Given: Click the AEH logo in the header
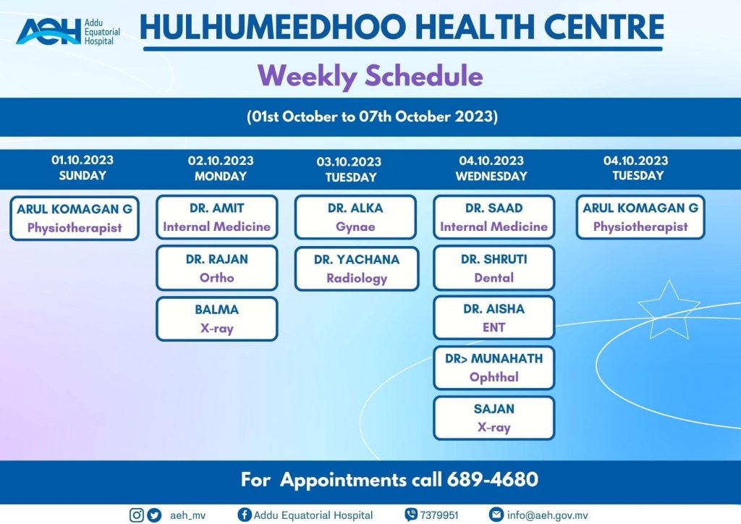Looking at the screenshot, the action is [x=68, y=31].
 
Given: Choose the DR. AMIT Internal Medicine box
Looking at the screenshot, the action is [x=217, y=217].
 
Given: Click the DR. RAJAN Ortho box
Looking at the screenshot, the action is [x=217, y=268].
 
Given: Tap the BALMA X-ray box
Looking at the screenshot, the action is [x=217, y=318].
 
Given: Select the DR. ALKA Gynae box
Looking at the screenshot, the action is [x=355, y=217].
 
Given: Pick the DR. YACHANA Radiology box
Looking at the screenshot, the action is [x=357, y=269].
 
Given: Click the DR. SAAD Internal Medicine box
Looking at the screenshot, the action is [x=494, y=217].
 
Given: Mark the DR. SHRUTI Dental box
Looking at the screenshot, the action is [x=494, y=268].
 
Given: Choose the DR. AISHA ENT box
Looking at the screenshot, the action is [x=494, y=318].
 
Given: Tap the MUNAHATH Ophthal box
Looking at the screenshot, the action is [x=494, y=368].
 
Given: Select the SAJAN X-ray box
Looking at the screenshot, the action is [x=494, y=418].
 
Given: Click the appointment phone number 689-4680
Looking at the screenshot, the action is [x=492, y=479].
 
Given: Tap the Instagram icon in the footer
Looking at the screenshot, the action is [x=137, y=515].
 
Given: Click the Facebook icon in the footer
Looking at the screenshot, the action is [x=245, y=515].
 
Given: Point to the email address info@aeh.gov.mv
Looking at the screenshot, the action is [x=547, y=515].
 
